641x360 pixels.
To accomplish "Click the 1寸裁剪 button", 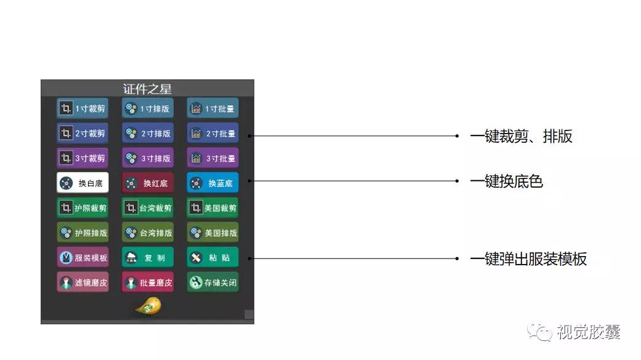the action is [83, 108].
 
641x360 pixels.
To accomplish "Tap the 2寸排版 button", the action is [148, 133].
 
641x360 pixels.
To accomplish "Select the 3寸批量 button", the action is [212, 158].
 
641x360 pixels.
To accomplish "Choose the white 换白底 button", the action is [83, 183].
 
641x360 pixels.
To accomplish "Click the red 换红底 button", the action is [148, 183].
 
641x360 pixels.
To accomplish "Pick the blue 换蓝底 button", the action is [212, 183].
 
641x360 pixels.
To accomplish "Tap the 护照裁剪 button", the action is [83, 207].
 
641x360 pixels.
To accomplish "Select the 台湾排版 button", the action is [148, 233].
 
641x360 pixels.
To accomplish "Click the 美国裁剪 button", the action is [212, 207].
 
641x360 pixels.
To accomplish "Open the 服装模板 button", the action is [83, 257].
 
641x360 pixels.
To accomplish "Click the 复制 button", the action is [148, 257].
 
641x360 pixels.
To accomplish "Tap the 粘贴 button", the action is [212, 257].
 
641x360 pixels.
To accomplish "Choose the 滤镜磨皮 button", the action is [83, 282].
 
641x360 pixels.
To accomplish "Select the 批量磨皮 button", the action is [148, 282].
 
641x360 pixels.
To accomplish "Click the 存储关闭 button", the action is [212, 282].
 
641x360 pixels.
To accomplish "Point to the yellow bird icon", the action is [148, 306].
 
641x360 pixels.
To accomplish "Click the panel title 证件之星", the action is [147, 89].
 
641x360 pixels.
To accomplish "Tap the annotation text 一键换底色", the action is [507, 181].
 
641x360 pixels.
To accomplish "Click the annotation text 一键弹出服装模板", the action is [528, 258].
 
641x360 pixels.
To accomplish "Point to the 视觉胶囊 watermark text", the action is [589, 332].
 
